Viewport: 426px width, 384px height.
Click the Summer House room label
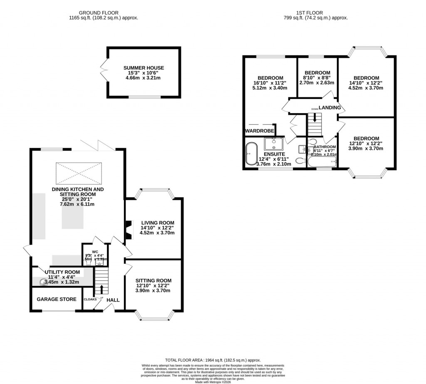[144, 68]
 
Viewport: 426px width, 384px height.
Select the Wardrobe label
[259, 131]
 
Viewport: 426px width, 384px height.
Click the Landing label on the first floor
[330, 108]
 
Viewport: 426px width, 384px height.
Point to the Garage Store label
[57, 299]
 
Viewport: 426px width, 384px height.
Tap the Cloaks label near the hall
[90, 300]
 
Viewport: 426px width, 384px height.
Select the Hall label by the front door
[113, 300]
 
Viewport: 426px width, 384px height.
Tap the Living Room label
[157, 223]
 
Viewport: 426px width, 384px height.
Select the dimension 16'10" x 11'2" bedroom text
[270, 83]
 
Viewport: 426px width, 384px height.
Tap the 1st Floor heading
[319, 13]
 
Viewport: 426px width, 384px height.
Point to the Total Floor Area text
[213, 360]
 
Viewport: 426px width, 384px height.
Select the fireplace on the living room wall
[128, 229]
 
